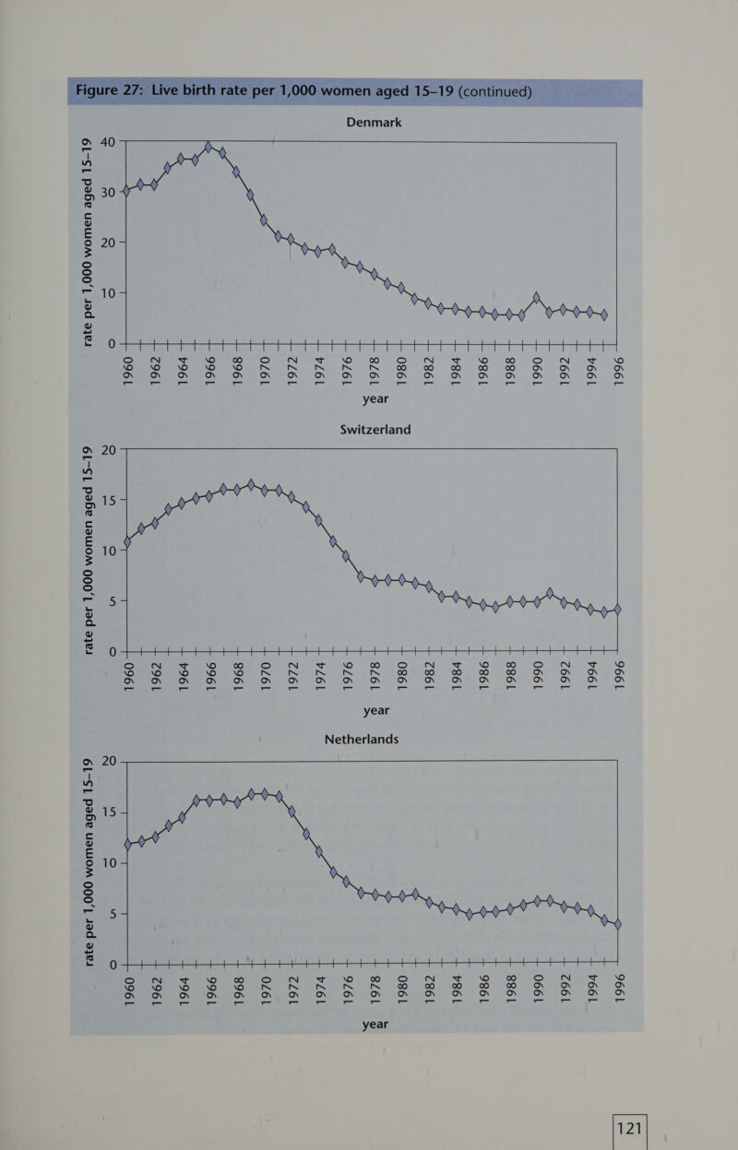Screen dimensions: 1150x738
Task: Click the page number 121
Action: coord(632,1130)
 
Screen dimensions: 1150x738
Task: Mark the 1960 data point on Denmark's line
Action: coord(127,191)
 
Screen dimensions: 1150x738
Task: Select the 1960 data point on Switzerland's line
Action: coord(128,542)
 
